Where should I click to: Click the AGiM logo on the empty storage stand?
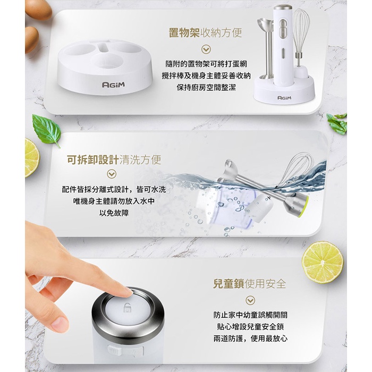pyautogui.click(x=113, y=84)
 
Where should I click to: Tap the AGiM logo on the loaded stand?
pyautogui.click(x=284, y=98)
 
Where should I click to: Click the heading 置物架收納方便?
pyautogui.click(x=205, y=32)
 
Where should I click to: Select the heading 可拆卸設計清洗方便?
pyautogui.click(x=114, y=159)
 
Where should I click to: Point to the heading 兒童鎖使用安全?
pyautogui.click(x=250, y=284)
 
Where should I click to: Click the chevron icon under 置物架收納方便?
pyautogui.click(x=206, y=49)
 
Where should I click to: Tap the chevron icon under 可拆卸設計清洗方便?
pyautogui.click(x=112, y=174)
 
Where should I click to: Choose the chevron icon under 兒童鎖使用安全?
pyautogui.click(x=250, y=300)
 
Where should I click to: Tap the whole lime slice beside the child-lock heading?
pyautogui.click(x=322, y=263)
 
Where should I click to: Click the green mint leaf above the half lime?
pyautogui.click(x=47, y=130)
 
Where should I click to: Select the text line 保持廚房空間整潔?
pyautogui.click(x=206, y=88)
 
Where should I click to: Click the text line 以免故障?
pyautogui.click(x=114, y=213)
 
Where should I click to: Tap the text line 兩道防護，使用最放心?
pyautogui.click(x=250, y=339)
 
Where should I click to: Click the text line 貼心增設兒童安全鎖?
pyautogui.click(x=250, y=327)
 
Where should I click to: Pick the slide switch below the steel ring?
pyautogui.click(x=126, y=351)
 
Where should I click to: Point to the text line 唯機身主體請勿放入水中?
pyautogui.click(x=114, y=201)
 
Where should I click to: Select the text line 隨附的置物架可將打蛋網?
pyautogui.click(x=206, y=64)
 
